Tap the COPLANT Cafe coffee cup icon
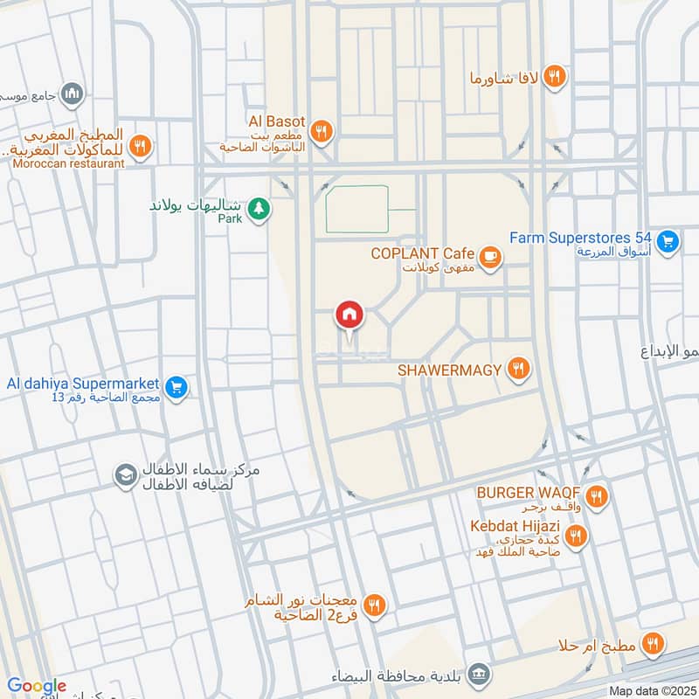[x=491, y=255]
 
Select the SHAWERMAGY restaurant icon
[x=519, y=370]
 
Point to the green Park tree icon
[x=258, y=209]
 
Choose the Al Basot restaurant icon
[x=322, y=131]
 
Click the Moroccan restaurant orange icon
[x=140, y=146]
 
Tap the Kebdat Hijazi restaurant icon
[x=575, y=536]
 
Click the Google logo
[x=37, y=686]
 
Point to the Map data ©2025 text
[x=652, y=690]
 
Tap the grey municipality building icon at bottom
[x=478, y=674]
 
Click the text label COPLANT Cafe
[x=422, y=253]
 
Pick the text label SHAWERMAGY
[x=450, y=370]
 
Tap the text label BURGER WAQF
[x=529, y=494]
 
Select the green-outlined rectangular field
[x=356, y=209]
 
